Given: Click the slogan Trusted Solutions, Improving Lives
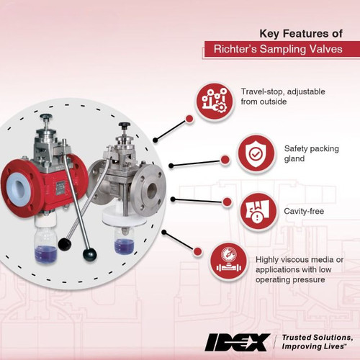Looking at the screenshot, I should (315, 341).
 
